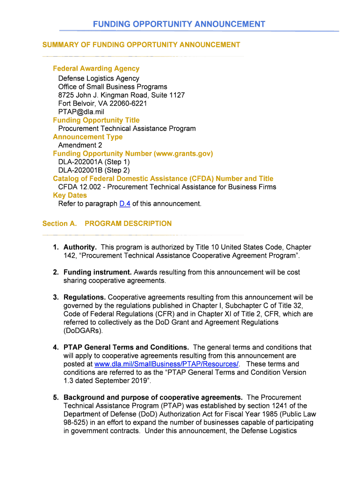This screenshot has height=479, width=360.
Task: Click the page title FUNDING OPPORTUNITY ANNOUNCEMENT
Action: point(179,24)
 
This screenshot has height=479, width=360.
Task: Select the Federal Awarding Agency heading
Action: point(96,69)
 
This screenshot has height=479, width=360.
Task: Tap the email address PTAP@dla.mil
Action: point(81,112)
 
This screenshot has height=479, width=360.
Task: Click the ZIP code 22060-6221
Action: point(126,103)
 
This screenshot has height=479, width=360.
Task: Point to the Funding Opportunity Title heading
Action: point(96,120)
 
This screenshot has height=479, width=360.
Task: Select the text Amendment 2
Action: point(80,145)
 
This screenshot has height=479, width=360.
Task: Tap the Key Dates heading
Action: point(70,196)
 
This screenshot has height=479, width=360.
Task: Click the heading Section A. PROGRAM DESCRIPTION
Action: point(107,224)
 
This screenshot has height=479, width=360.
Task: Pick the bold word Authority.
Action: point(80,247)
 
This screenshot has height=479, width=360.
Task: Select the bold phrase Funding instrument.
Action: point(97,272)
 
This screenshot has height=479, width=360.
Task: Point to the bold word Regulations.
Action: point(85,298)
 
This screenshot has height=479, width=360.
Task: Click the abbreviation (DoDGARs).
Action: point(83,331)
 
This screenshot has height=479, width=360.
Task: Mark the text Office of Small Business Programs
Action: point(112,87)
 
